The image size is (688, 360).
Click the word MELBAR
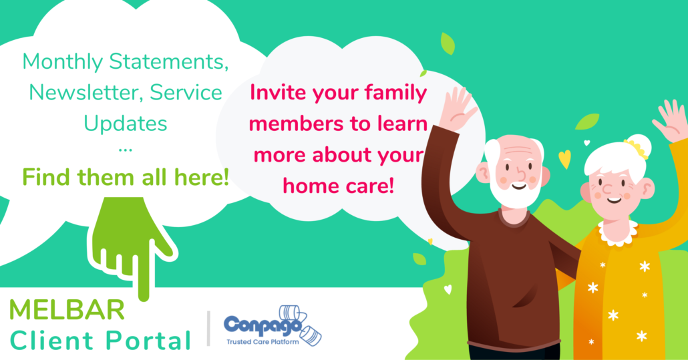[67, 309]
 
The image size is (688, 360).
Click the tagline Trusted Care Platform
[263, 341]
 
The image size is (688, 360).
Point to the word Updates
[126, 123]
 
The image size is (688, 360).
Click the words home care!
[338, 186]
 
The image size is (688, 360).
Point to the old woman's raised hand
[670, 120]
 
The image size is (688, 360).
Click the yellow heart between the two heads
[564, 159]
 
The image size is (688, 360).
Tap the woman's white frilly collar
[617, 233]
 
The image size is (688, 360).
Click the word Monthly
[62, 62]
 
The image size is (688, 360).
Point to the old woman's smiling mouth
[615, 200]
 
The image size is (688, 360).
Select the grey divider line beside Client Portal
[208, 329]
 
